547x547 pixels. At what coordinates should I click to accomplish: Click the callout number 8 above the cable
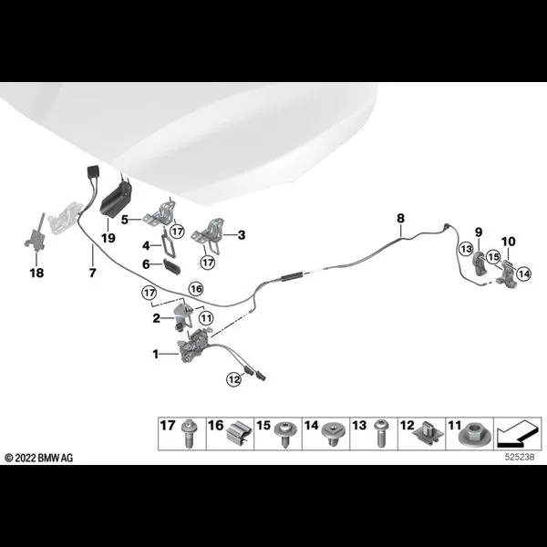[x=400, y=219]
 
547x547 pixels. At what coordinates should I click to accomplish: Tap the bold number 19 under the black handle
[x=108, y=238]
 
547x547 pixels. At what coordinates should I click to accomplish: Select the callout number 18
[x=36, y=273]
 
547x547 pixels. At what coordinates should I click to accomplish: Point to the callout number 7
[x=92, y=273]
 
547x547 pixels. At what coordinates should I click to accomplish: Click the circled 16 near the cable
[x=196, y=288]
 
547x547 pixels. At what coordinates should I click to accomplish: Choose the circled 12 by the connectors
[x=234, y=378]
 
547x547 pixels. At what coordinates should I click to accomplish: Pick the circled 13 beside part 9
[x=466, y=249]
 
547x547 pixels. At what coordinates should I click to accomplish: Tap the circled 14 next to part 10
[x=523, y=273]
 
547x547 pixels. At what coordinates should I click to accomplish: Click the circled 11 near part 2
[x=206, y=318]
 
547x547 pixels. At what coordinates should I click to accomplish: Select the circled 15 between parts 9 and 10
[x=493, y=257]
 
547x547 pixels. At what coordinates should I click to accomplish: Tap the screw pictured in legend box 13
[x=381, y=433]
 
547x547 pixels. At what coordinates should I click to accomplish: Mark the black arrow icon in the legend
[x=518, y=434]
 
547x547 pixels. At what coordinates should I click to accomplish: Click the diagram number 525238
[x=520, y=457]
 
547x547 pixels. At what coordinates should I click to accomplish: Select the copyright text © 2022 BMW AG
[x=38, y=458]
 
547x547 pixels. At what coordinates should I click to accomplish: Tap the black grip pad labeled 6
[x=171, y=266]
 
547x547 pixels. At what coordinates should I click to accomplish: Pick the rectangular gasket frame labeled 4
[x=168, y=243]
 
